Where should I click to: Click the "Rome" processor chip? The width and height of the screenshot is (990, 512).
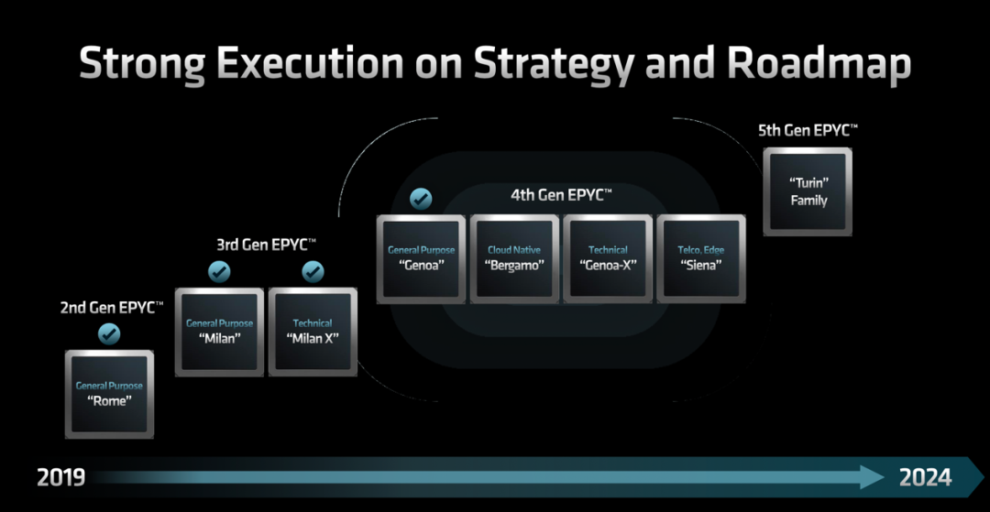coord(109,394)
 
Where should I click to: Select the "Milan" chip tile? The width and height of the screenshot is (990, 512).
coord(219,332)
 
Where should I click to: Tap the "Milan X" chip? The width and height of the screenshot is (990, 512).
coord(313,332)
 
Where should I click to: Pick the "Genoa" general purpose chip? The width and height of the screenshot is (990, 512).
coord(421,258)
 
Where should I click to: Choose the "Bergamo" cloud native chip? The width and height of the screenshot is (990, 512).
coord(514,258)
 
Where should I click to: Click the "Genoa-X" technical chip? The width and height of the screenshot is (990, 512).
coord(608,258)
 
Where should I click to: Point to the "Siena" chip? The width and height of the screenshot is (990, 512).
coord(701,258)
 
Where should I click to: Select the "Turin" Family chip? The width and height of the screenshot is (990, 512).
coord(808,191)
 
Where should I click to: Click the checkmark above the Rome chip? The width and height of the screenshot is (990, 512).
coord(109,333)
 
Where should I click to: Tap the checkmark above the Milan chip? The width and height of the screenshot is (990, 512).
coord(219,272)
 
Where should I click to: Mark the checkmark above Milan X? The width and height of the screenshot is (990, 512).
coord(313,272)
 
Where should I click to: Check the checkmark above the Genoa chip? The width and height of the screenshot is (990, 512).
coord(421,199)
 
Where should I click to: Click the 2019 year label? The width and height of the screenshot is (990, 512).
coord(60,477)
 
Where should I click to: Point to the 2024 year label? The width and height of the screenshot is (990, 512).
coord(925,477)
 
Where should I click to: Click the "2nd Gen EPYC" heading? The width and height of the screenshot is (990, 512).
coord(112,308)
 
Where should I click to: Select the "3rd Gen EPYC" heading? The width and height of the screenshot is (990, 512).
coord(267,245)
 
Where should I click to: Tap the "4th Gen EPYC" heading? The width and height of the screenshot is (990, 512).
coord(561,195)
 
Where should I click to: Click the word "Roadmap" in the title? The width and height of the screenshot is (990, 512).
coord(819,63)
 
